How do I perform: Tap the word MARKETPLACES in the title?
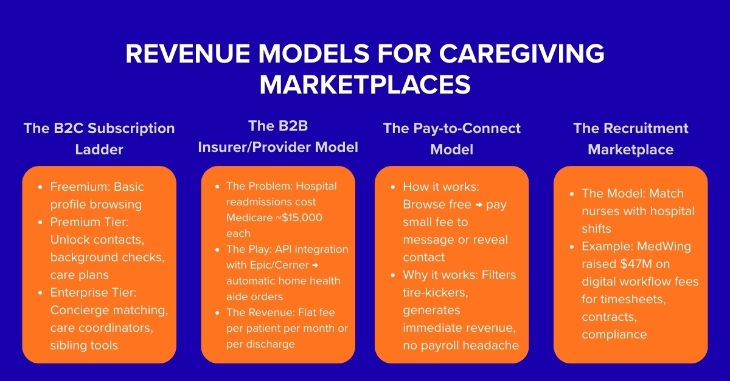coord(365,84)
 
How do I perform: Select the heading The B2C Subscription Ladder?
coord(99,139)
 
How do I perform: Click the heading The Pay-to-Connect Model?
coord(451,139)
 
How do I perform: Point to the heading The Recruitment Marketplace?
coord(630,139)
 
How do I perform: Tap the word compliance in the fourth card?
coord(614,334)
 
